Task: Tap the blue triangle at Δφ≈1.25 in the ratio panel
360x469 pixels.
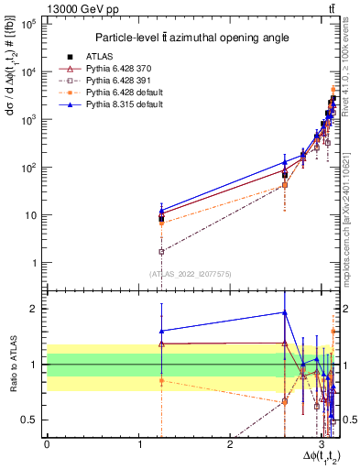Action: (161, 331)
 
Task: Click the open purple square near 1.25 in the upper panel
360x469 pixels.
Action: (161, 251)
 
